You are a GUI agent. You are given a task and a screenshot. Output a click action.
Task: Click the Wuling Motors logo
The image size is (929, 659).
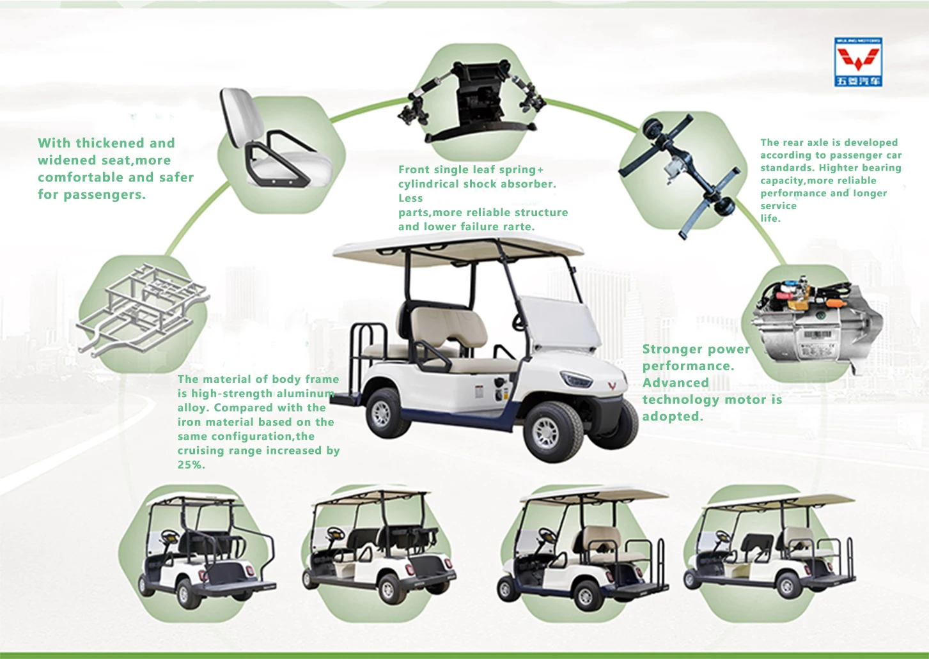[x=857, y=61]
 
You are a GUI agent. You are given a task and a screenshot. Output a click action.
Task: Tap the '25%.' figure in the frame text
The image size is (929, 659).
[x=191, y=465]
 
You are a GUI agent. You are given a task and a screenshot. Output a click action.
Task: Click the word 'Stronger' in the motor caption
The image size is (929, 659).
[x=671, y=349]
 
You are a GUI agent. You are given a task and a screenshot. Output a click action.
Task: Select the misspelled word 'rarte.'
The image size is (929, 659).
[x=515, y=226]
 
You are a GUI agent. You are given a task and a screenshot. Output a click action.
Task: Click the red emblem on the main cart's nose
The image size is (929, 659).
[x=612, y=386]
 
